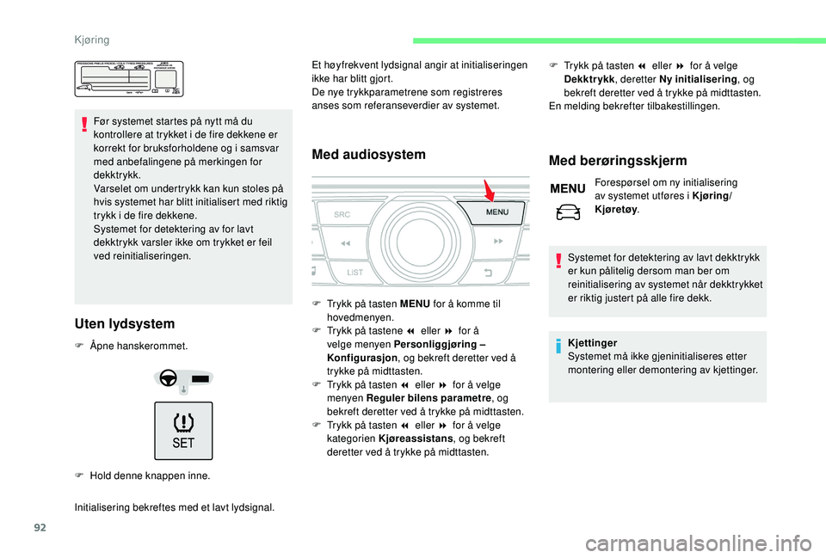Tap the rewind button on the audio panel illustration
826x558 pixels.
pyautogui.click(x=345, y=244)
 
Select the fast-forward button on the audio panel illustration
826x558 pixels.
pyautogui.click(x=497, y=242)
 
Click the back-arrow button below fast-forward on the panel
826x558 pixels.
pyautogui.click(x=488, y=273)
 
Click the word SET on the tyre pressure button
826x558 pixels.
pyautogui.click(x=184, y=444)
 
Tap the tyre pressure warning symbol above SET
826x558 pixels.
pyautogui.click(x=184, y=423)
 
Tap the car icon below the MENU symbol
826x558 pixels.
pyautogui.click(x=568, y=209)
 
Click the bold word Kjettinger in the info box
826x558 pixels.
pyautogui.click(x=592, y=342)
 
